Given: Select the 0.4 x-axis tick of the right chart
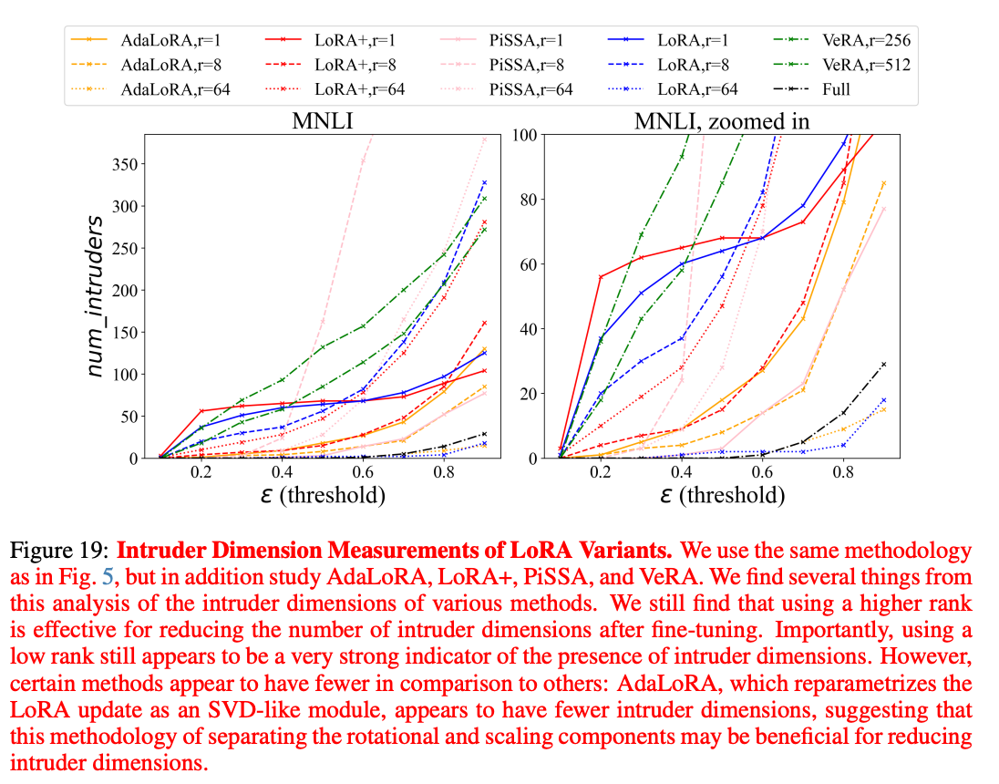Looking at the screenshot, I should (680, 474).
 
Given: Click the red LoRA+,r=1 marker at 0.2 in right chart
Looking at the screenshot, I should (601, 276).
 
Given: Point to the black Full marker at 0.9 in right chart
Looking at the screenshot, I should (883, 364).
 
